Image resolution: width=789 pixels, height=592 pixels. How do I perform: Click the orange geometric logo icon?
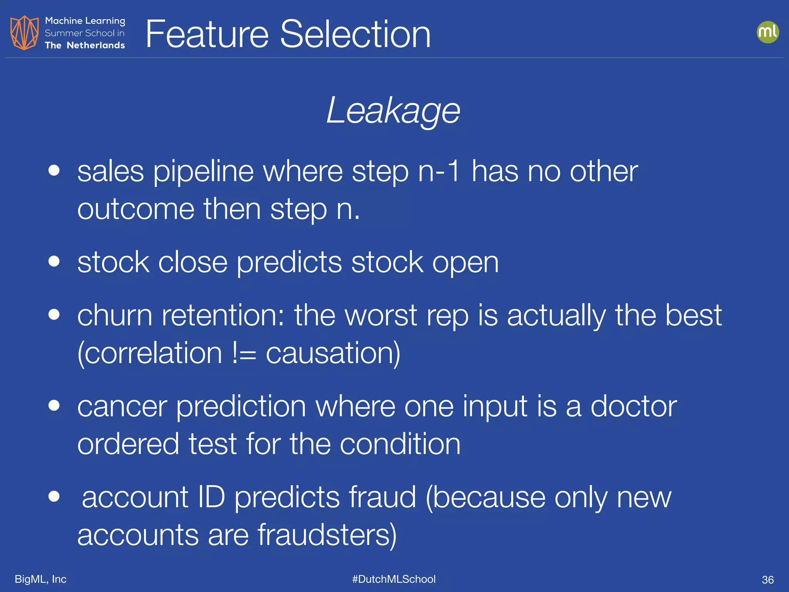[24, 33]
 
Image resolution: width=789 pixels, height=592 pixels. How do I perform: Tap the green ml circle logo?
[767, 32]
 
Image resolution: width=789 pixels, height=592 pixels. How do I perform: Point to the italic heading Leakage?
[393, 111]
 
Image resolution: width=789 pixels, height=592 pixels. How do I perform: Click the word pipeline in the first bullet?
[203, 172]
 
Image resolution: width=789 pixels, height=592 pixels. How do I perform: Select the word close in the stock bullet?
[193, 262]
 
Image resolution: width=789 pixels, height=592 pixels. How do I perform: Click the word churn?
[115, 315]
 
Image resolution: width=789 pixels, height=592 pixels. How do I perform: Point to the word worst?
[381, 315]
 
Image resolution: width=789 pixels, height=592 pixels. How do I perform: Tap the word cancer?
[122, 407]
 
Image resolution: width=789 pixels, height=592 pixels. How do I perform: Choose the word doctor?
[634, 406]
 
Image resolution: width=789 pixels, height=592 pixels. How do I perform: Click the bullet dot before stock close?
[54, 261]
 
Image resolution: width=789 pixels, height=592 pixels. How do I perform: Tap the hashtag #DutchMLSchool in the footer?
[394, 579]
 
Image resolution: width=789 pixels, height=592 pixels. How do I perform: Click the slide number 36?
[767, 580]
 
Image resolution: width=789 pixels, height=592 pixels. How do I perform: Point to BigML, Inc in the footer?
[40, 579]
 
